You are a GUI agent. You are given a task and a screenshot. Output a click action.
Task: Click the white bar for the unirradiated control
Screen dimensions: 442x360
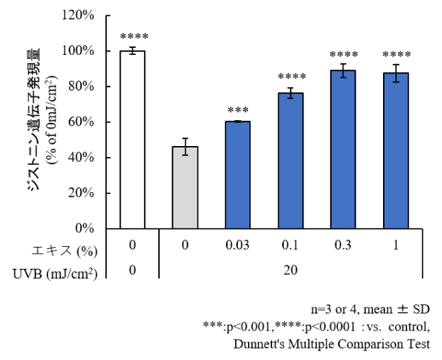132,140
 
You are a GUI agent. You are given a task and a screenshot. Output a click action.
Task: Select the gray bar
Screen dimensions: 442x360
185,188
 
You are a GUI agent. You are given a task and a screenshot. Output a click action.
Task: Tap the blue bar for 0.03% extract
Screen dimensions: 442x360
238,175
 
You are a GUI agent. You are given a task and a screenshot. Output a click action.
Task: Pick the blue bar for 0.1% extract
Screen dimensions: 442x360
291,161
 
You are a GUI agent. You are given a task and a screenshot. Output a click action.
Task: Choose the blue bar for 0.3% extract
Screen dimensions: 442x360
343,149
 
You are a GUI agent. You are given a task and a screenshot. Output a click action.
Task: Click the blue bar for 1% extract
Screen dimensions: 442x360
396,151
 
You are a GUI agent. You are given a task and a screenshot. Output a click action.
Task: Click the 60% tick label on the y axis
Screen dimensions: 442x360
81,122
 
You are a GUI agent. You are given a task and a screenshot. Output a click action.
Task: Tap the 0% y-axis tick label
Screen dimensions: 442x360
84,228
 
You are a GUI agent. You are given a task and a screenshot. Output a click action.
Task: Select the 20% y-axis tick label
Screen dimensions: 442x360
81,193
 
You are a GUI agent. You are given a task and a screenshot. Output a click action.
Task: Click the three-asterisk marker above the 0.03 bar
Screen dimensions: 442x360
238,110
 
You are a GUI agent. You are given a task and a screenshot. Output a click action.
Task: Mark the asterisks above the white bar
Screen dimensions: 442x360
134,36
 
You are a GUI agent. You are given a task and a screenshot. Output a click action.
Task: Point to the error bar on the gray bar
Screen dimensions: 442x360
185,147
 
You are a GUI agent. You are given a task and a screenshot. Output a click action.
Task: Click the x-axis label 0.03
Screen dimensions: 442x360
237,245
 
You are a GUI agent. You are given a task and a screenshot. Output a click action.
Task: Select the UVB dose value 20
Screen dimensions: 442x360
291,270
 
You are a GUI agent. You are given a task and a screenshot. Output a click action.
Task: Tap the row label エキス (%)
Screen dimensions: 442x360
64,251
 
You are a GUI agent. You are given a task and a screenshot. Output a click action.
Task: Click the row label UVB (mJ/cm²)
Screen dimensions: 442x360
55,274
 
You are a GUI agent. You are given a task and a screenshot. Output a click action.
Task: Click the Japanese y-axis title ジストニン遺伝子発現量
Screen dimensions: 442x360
34,119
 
